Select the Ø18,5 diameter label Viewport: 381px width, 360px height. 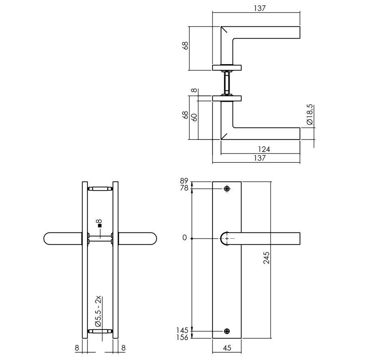click(x=310, y=115)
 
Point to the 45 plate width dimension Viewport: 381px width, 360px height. click(x=227, y=347)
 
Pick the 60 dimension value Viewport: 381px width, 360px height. click(x=194, y=118)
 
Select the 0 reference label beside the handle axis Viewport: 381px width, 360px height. click(x=185, y=238)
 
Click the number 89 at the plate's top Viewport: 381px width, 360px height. click(x=184, y=181)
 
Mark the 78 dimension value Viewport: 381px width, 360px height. click(x=184, y=188)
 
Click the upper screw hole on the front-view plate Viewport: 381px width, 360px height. click(x=227, y=189)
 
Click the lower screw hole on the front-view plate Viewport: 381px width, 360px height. click(x=227, y=331)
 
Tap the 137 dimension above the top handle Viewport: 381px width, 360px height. click(x=259, y=8)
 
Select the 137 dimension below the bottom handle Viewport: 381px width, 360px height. click(x=259, y=158)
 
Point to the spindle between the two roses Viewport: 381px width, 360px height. click(x=227, y=83)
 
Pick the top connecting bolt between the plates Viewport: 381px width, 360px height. click(x=100, y=189)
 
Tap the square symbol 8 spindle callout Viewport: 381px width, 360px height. click(x=99, y=223)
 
